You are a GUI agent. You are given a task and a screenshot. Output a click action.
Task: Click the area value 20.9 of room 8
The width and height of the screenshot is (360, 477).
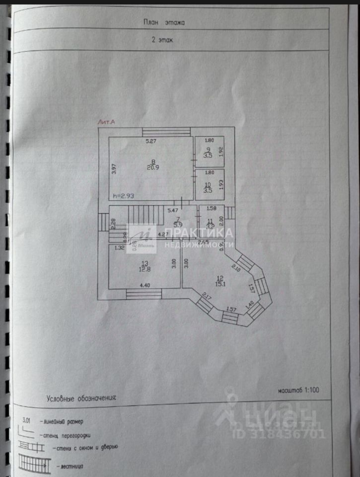(x=153, y=167)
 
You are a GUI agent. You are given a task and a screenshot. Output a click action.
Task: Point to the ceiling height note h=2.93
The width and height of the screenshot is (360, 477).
(x=124, y=196)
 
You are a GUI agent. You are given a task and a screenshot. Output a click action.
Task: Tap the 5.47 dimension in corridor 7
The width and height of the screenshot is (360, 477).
(x=172, y=210)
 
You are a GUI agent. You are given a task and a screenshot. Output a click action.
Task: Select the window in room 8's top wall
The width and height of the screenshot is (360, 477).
(x=166, y=132)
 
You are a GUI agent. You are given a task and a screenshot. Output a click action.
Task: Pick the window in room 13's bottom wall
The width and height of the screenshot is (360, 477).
(x=144, y=295)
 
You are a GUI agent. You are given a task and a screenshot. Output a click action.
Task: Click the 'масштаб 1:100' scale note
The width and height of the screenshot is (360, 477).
(x=298, y=390)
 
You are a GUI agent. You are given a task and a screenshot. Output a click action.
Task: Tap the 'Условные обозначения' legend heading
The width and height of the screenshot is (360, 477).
(x=81, y=398)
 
